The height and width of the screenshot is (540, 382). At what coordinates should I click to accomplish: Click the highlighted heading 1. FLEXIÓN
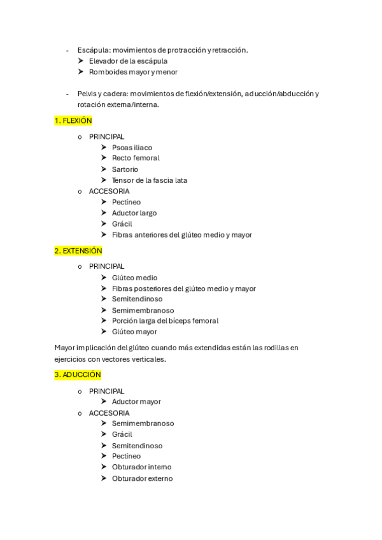(x=73, y=120)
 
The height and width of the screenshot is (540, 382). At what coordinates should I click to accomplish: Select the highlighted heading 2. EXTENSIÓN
(x=78, y=251)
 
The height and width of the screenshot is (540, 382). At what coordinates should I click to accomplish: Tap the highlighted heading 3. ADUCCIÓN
(x=78, y=375)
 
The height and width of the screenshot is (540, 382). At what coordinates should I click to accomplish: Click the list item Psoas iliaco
(x=132, y=148)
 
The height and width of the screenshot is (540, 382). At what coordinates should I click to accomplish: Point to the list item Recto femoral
(x=136, y=158)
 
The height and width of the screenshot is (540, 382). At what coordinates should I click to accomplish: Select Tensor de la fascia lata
(x=149, y=180)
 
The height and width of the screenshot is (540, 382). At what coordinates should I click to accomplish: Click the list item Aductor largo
(x=134, y=213)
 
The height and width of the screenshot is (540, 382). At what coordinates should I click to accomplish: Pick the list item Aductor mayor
(x=136, y=402)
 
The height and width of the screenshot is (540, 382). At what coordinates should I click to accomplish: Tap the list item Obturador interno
(x=141, y=467)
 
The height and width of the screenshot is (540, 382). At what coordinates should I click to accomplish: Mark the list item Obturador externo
(x=142, y=478)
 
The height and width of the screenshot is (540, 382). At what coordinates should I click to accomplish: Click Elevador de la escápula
(x=128, y=61)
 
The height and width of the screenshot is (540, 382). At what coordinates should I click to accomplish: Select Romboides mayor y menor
(x=133, y=72)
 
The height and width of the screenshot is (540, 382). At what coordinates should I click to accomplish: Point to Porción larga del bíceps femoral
(x=165, y=321)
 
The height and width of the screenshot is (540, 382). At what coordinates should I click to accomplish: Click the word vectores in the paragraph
(x=124, y=359)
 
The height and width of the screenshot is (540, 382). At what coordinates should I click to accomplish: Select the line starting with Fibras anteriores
(x=181, y=235)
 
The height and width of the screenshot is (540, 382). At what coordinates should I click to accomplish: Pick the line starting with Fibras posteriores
(x=183, y=288)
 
